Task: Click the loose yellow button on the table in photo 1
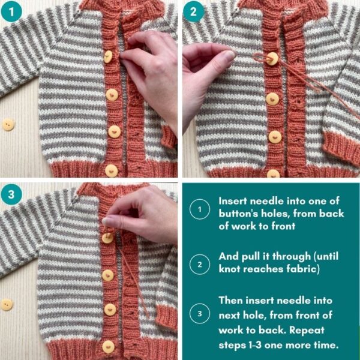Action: click(x=8, y=125)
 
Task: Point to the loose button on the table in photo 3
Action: click(x=7, y=304)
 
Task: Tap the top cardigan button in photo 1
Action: click(x=108, y=57)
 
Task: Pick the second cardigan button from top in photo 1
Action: click(x=112, y=94)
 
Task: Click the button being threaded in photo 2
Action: click(x=272, y=59)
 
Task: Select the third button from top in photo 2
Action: click(x=275, y=137)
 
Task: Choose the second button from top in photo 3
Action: click(x=107, y=275)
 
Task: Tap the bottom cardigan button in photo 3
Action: click(x=109, y=346)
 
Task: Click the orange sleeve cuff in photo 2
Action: click(x=342, y=150)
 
